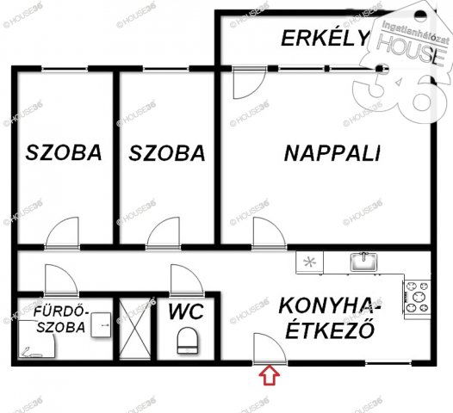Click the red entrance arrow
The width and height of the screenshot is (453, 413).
point(270,375)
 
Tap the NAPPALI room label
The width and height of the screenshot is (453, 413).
point(332,153)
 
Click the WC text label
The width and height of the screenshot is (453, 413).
point(186,311)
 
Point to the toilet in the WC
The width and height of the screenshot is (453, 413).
point(188,340)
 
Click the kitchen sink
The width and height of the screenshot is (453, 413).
point(363,262)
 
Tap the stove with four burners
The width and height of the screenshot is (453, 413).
point(417,299)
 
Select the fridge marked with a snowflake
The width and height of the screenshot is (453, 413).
point(310,262)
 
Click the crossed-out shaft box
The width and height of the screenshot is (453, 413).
point(135,329)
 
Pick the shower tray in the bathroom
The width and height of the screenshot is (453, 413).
point(36,339)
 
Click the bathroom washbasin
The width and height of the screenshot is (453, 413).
point(101,325)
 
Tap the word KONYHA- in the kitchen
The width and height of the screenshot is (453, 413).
point(330,306)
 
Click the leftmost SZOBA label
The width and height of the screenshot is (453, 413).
point(64,152)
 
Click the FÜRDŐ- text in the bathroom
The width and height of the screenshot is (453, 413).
point(60,311)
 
